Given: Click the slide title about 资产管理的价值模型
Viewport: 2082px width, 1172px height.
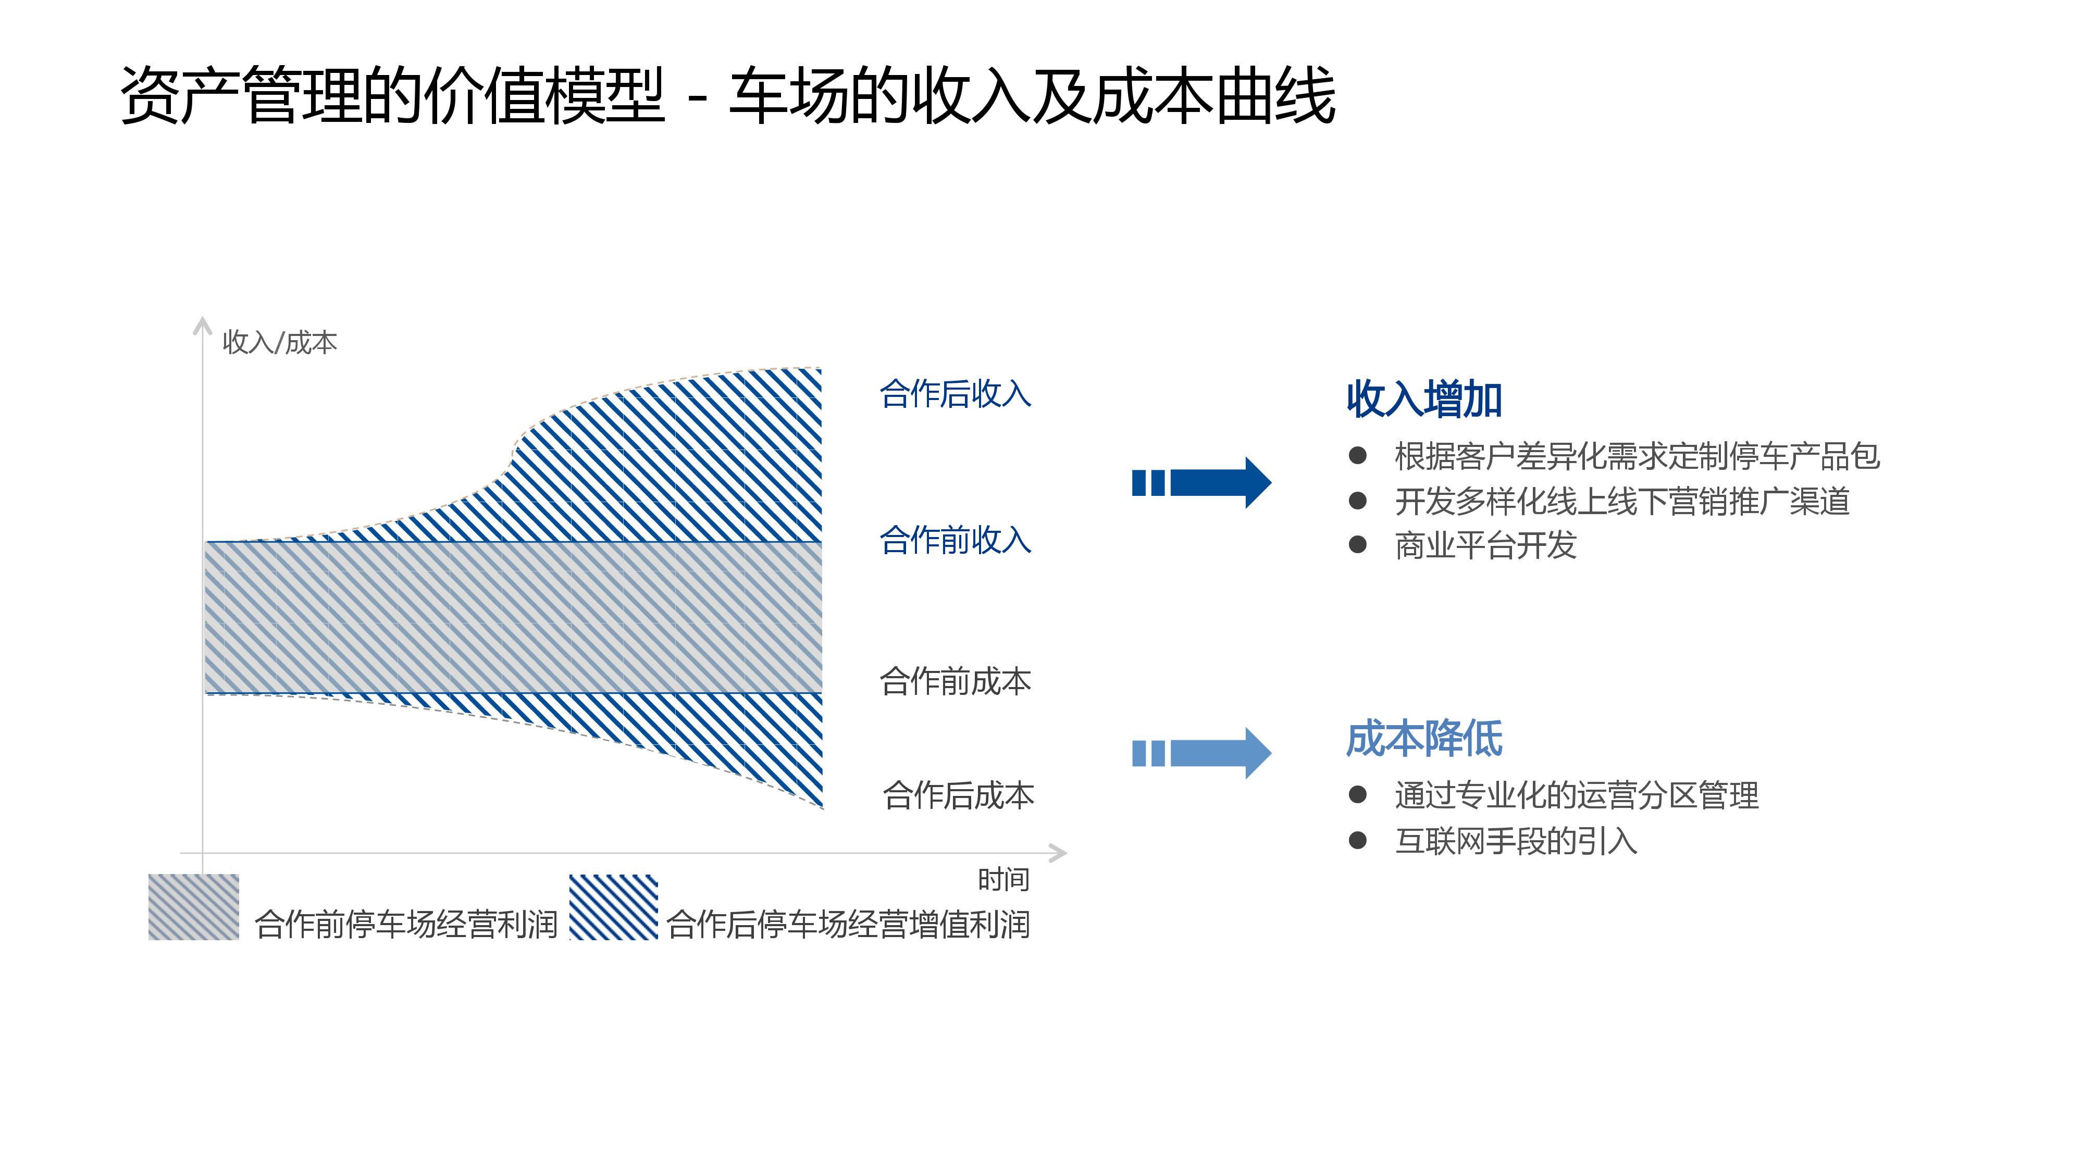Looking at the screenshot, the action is click(727, 95).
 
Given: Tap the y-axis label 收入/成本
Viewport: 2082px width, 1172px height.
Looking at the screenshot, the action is click(280, 343).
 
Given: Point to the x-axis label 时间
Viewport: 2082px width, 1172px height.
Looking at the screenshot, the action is click(1004, 879).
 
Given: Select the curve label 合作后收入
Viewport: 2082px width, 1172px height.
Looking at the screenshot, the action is click(956, 394).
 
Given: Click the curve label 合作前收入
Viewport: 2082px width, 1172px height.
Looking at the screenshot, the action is click(956, 540).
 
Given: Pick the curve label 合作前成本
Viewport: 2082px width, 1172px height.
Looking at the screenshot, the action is click(956, 681).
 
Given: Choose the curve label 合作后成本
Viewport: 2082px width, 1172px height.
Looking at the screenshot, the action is click(959, 795).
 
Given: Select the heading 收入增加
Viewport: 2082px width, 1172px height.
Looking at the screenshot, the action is click(1424, 400).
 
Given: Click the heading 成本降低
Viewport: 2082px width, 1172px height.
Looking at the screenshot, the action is click(1424, 739).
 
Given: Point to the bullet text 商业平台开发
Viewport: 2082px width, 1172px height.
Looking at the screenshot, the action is click(1485, 545).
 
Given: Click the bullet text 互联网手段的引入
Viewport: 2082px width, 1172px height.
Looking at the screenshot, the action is click(1516, 841).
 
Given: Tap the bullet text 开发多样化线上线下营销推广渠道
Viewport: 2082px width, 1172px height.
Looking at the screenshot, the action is click(1622, 501).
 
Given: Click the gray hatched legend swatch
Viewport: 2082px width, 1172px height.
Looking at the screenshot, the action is click(194, 907).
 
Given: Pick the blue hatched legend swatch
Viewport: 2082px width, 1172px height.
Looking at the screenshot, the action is click(613, 907).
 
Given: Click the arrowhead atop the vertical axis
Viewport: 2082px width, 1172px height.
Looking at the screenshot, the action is click(202, 323).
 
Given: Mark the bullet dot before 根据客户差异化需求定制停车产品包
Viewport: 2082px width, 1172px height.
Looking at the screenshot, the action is click(1358, 456).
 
